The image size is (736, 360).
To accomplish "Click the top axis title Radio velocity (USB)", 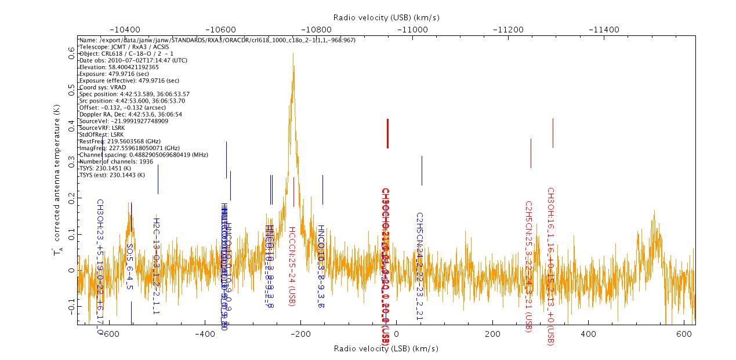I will click(x=386, y=17).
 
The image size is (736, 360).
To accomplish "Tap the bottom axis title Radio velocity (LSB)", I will click(x=386, y=348).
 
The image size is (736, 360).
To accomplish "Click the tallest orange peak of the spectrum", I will click(x=293, y=54).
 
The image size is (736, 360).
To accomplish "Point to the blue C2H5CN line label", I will click(x=419, y=266).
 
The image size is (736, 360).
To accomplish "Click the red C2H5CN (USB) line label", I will click(x=528, y=267).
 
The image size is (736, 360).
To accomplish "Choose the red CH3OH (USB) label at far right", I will click(x=550, y=266).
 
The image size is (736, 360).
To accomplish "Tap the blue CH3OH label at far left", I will click(x=100, y=267).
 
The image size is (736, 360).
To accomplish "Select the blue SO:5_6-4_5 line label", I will click(x=129, y=267).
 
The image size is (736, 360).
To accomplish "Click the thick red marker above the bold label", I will click(x=387, y=133).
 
